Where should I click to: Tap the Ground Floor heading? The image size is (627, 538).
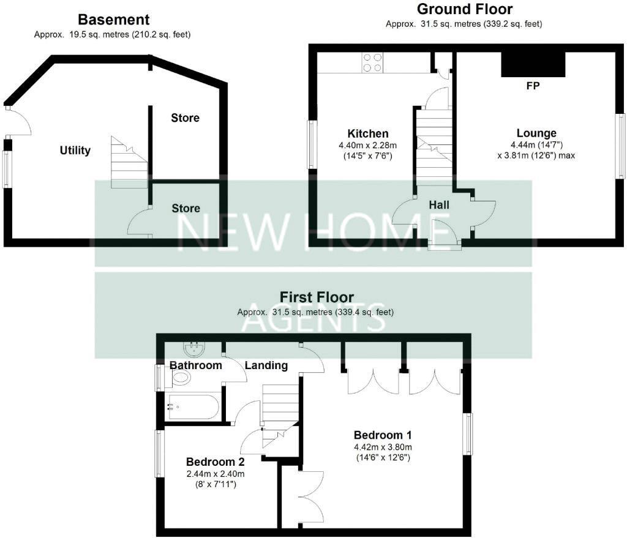465,9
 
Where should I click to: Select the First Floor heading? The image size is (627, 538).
317,297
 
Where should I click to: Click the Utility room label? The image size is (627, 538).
75,150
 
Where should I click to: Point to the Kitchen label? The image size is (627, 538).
367,133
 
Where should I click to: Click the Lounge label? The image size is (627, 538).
536,133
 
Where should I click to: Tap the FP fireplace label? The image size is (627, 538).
533,86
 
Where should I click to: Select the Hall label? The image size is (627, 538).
439,205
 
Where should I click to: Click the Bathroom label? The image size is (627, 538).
195,365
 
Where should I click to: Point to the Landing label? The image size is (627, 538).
266,365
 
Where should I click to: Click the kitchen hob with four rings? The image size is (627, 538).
372,63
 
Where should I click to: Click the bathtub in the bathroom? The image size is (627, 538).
193,406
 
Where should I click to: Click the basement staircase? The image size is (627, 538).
129,162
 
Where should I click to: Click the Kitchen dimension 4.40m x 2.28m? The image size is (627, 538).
368,145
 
